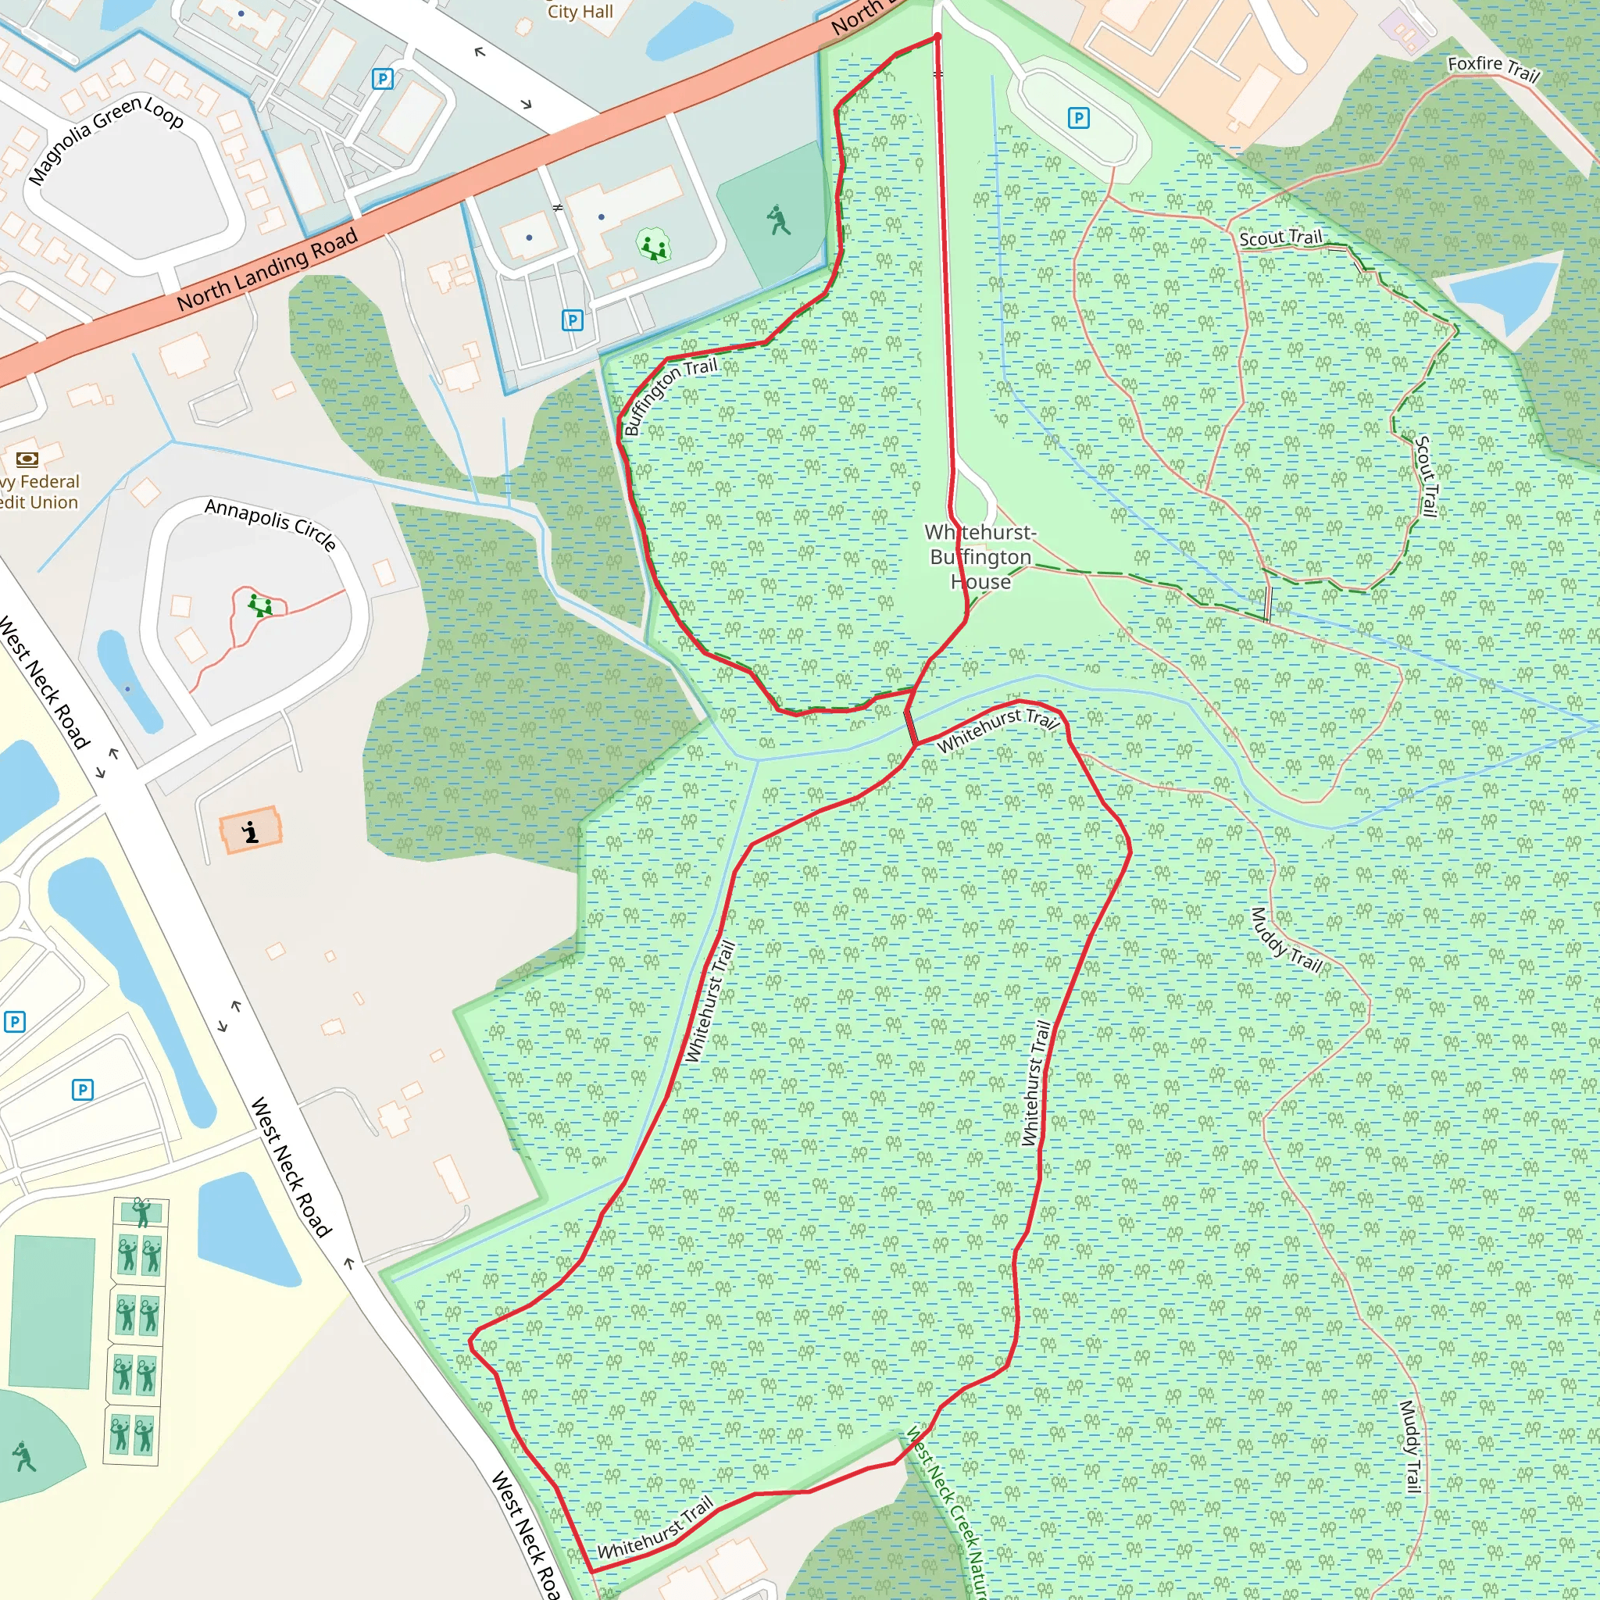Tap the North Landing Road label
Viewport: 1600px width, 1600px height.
point(266,270)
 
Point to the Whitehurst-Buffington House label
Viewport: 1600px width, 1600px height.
point(980,556)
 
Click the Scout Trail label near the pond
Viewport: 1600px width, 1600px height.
point(1280,237)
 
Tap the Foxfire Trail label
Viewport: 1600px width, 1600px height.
point(1493,69)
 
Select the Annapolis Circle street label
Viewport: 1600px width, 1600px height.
point(271,523)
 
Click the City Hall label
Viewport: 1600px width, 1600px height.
point(580,12)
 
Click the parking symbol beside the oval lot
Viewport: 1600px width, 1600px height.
point(1077,119)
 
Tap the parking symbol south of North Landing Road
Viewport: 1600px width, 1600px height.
point(572,320)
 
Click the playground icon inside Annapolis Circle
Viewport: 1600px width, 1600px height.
point(260,605)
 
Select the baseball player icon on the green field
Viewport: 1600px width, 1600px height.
point(777,220)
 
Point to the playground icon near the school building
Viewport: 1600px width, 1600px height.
point(652,246)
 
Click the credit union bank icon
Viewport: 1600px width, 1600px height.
point(27,459)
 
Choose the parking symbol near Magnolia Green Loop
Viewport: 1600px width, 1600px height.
point(383,79)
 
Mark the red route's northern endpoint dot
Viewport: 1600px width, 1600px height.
point(937,37)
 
